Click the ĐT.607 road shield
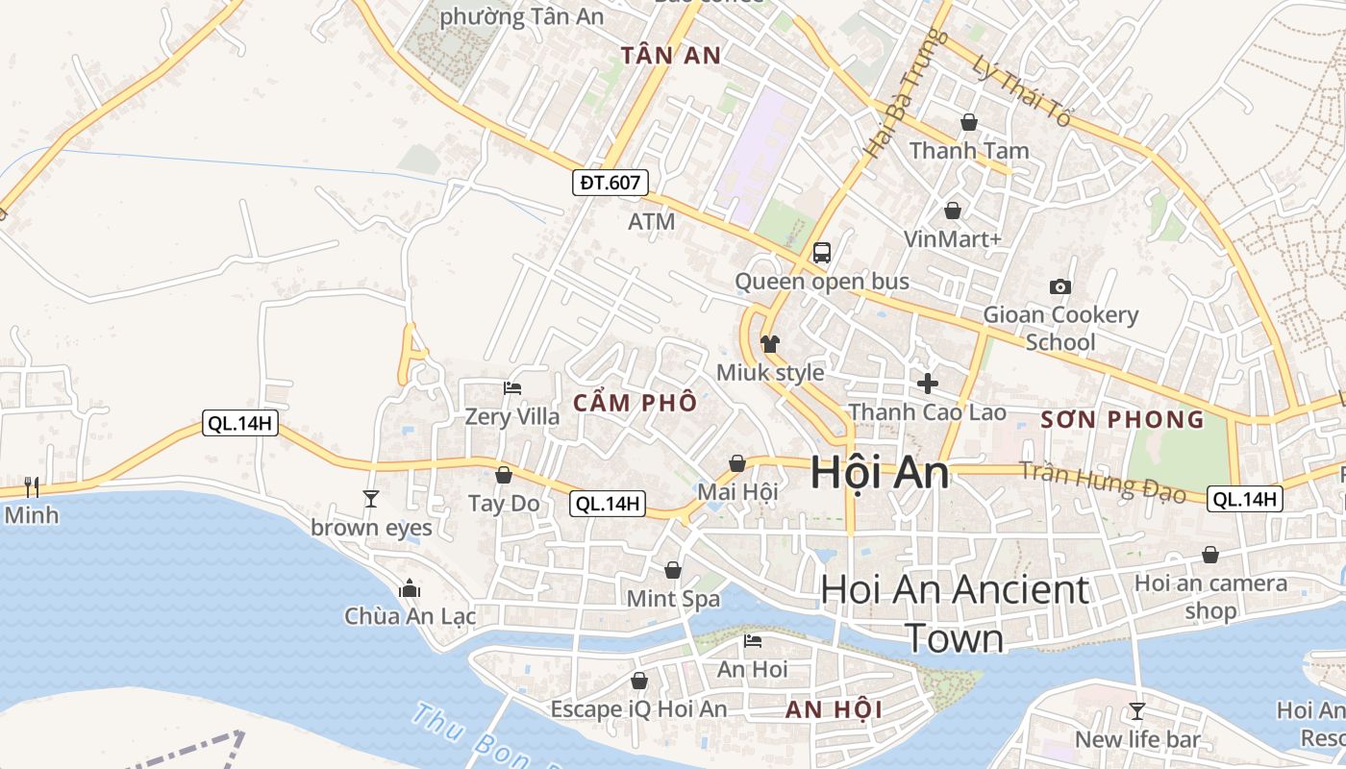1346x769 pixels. (x=611, y=182)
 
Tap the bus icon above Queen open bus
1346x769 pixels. (x=821, y=253)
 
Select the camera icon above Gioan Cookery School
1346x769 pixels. (x=1060, y=286)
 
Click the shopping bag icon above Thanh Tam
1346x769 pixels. (x=968, y=122)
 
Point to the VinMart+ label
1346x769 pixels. (x=952, y=238)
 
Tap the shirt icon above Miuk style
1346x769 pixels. (x=769, y=343)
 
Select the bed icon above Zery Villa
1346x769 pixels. (x=512, y=388)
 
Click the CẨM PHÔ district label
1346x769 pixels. (x=635, y=404)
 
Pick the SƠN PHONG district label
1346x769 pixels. (x=1122, y=419)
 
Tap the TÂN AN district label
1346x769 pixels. (x=670, y=55)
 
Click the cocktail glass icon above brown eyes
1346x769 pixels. (x=371, y=498)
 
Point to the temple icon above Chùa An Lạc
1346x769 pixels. (x=410, y=587)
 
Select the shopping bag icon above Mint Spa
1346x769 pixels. (x=673, y=571)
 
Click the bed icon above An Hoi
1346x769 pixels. (x=752, y=640)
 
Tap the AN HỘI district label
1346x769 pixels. (x=834, y=710)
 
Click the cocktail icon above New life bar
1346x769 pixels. (x=1137, y=711)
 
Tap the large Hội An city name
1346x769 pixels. (x=879, y=473)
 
